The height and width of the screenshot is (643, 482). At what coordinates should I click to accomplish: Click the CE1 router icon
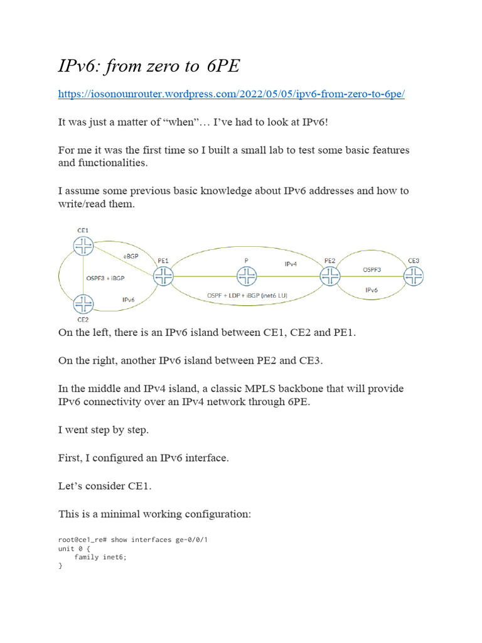coord(83,247)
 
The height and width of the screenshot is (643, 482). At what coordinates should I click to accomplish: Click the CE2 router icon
coord(83,305)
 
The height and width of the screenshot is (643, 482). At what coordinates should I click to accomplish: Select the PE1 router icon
coord(163,275)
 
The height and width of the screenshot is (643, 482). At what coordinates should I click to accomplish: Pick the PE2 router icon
coord(330,275)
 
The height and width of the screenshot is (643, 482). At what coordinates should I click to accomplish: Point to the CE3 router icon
coord(413,275)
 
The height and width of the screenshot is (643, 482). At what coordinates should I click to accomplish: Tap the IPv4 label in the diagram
coord(291,264)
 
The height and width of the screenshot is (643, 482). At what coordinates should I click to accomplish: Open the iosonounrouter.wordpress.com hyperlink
coord(231,94)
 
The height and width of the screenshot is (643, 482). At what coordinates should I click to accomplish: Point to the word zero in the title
coord(164,65)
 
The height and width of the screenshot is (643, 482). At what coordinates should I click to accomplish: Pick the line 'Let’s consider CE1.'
coord(104,486)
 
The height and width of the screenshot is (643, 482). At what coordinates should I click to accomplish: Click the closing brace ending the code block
coord(60,566)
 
